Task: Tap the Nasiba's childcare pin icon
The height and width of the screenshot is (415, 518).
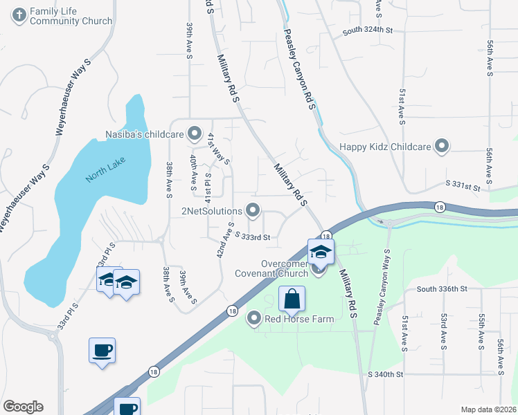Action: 195,133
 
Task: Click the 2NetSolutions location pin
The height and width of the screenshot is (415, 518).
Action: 253,210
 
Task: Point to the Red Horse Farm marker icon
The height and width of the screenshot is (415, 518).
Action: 255,319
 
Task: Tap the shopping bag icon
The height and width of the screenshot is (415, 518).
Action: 292,299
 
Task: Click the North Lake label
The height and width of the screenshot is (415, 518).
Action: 102,172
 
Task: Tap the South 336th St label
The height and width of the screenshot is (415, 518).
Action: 443,289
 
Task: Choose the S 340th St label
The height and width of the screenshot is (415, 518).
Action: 385,374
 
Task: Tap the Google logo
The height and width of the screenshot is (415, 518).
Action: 23,407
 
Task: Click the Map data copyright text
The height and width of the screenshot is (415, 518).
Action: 488,409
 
